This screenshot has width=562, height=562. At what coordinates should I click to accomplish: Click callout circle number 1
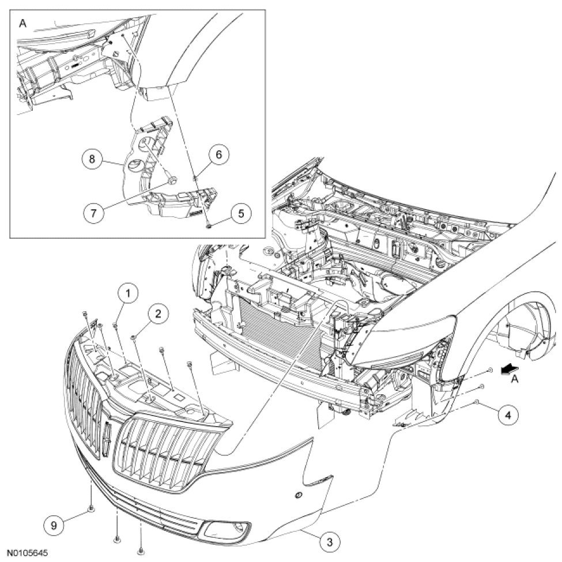[128, 293]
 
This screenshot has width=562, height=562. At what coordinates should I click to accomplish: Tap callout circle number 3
[329, 541]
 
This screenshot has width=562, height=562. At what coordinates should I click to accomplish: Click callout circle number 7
[95, 212]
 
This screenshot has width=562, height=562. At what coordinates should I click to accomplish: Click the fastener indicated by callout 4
[478, 401]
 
